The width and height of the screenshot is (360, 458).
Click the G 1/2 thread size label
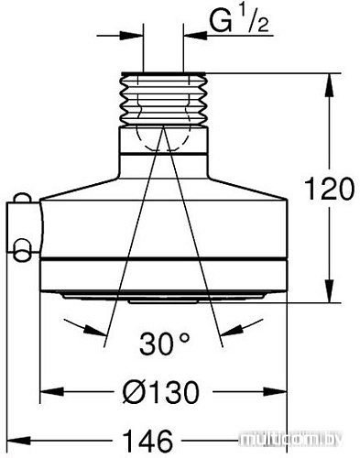[x=238, y=19]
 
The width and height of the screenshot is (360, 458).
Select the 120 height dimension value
[x=330, y=189]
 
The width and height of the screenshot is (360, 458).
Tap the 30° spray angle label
[x=165, y=343]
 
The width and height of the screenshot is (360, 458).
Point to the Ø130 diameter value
[x=161, y=392]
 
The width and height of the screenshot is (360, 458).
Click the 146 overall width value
[x=147, y=441]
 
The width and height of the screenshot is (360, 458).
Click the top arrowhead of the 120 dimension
[x=330, y=85]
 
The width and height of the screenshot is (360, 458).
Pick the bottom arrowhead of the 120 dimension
[x=330, y=290]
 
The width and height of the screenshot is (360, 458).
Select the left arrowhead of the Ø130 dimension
[x=52, y=391]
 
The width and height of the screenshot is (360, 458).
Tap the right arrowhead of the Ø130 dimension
[x=275, y=391]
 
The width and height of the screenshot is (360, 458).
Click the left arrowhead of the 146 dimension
[x=18, y=441]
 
